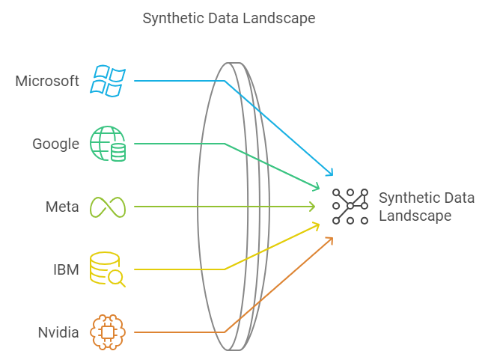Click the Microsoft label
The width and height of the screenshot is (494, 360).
tap(47, 80)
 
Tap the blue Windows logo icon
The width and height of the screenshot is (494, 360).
tap(108, 80)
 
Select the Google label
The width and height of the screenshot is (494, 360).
tap(55, 144)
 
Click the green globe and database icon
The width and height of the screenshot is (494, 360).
tap(108, 144)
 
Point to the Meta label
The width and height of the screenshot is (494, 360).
tap(62, 207)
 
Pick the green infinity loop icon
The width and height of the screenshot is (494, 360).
tap(108, 207)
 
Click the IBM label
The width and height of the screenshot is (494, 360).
tap(65, 269)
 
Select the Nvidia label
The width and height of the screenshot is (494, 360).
tap(58, 332)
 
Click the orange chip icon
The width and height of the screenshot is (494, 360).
tap(108, 332)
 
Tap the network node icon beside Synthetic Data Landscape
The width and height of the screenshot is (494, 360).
tap(350, 207)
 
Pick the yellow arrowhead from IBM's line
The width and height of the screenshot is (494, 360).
tap(315, 225)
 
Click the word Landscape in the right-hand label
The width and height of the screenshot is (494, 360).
tap(415, 216)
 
